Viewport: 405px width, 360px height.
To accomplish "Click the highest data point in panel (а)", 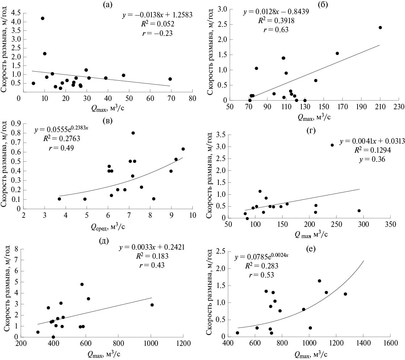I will tap(42, 18).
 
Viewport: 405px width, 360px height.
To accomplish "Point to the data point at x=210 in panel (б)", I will tap(380, 27).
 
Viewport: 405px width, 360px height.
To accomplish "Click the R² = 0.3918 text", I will tap(276, 21).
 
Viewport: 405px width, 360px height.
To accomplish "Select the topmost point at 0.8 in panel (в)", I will tap(133, 133).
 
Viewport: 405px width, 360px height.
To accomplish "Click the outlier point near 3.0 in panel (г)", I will tap(332, 145).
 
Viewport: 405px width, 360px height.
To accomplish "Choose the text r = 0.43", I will tap(152, 265).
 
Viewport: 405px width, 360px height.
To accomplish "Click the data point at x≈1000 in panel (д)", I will tap(152, 305).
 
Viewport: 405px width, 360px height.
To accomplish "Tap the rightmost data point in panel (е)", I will tap(345, 294).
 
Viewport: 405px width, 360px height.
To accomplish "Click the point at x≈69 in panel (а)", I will tap(170, 79).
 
